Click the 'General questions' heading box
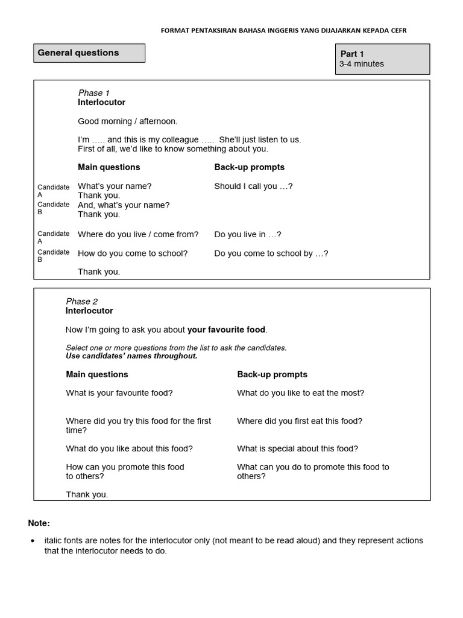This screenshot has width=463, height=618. (89, 53)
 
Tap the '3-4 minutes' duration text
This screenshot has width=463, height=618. (362, 64)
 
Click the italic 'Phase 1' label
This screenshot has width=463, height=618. (94, 93)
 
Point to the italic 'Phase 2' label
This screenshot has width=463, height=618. (82, 301)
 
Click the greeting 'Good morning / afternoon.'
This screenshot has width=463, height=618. (128, 121)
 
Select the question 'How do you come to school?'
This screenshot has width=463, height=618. (133, 253)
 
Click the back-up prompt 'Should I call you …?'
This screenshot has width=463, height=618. (253, 186)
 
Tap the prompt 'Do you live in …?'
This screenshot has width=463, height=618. (248, 234)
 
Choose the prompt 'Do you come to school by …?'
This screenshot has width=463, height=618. (271, 253)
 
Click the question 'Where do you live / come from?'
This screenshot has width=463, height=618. (138, 234)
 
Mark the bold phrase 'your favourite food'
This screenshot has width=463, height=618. (226, 330)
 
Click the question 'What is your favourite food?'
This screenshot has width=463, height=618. (119, 393)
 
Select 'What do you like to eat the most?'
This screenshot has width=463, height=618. (300, 393)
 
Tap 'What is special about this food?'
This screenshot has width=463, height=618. (297, 448)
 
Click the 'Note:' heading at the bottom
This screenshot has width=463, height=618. (39, 523)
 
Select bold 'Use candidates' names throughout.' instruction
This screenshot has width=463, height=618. (131, 356)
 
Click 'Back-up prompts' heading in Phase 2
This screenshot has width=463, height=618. (272, 375)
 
